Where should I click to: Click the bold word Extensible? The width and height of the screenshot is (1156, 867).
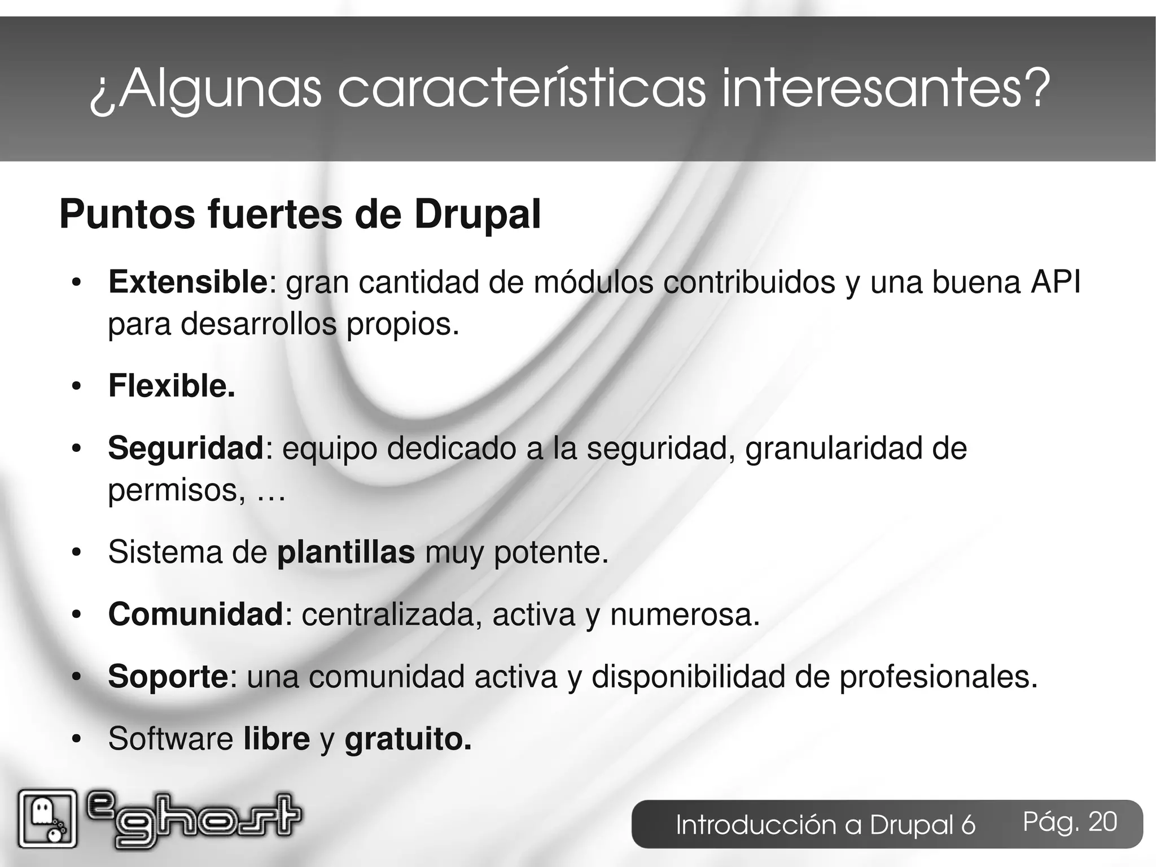[x=187, y=282]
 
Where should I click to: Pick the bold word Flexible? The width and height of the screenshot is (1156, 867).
[x=171, y=386]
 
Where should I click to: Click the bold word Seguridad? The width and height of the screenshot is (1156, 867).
[x=186, y=448]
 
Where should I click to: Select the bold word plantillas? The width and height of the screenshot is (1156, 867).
[x=346, y=552]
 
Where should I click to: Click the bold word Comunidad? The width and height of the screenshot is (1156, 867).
[x=195, y=615]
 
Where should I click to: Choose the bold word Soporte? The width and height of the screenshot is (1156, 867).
[x=168, y=677]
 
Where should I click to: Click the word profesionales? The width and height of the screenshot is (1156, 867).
[x=938, y=677]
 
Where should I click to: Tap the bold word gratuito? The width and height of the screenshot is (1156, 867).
[x=408, y=739]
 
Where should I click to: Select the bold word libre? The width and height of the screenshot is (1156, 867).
[x=277, y=739]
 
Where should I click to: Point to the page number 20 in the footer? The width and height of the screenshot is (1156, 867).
[x=1102, y=822]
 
